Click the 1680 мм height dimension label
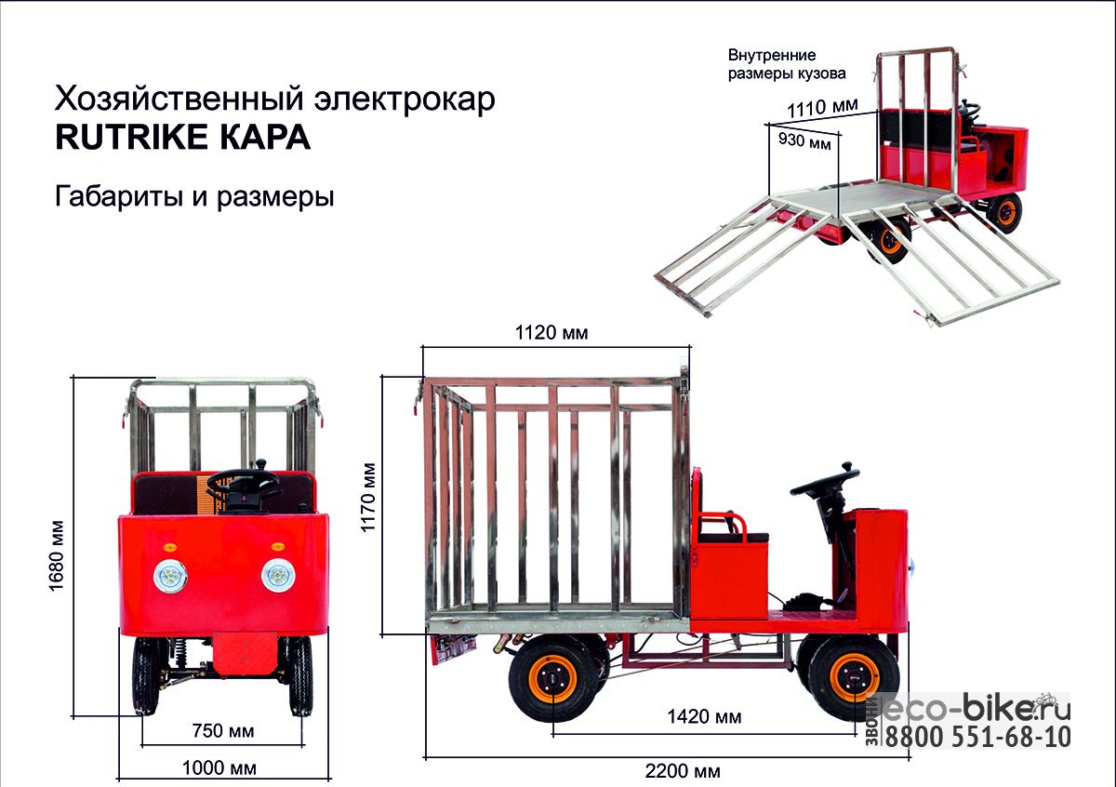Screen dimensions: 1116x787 click(57, 555)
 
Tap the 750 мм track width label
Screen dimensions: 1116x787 click(223, 731)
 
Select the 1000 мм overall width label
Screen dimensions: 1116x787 click(219, 768)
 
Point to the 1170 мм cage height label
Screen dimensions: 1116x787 click(367, 498)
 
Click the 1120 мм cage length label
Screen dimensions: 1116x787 click(551, 332)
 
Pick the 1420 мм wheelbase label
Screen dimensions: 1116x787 click(704, 716)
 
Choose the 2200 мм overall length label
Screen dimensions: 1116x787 click(683, 771)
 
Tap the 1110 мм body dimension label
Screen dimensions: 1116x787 click(822, 108)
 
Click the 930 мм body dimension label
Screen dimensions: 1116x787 click(804, 140)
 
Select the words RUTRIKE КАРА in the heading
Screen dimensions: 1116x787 click(183, 138)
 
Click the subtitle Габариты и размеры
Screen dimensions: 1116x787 click(194, 197)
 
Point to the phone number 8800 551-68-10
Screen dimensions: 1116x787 click(977, 737)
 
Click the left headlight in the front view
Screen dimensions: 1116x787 click(170, 576)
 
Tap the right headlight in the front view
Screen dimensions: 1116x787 click(278, 575)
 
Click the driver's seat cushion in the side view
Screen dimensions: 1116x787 click(734, 538)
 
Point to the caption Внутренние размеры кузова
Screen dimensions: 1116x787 click(787, 64)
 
